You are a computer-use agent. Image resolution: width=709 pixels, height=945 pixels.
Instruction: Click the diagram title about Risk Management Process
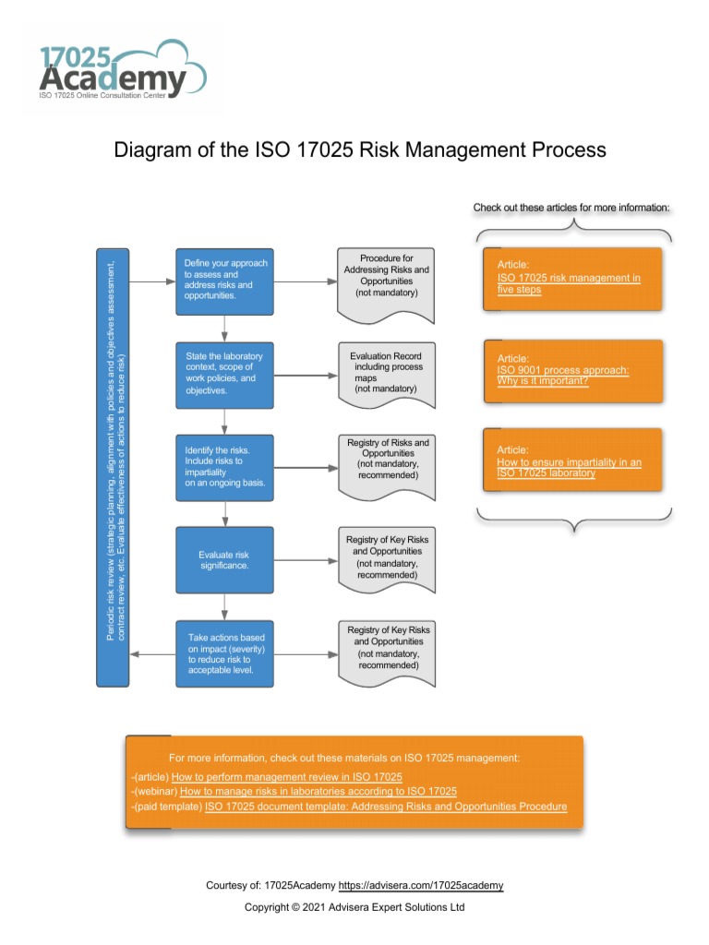tap(359, 150)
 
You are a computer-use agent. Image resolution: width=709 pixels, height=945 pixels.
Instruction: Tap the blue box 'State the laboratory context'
tap(224, 374)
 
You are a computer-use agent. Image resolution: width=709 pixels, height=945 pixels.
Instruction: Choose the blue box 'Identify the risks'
tap(224, 467)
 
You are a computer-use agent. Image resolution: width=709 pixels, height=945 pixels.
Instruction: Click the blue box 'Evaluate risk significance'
tap(224, 560)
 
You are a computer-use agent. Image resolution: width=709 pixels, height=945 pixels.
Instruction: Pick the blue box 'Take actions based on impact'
tap(224, 653)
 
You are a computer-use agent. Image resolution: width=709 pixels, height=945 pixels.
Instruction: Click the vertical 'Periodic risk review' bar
tap(113, 467)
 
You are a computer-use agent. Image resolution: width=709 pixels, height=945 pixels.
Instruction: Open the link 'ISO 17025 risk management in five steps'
tap(569, 283)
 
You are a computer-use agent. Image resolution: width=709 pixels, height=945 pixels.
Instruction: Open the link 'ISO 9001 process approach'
tap(563, 376)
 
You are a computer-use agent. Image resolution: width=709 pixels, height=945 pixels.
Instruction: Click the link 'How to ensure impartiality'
tap(569, 467)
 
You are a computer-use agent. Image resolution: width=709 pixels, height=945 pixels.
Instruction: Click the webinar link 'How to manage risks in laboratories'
tap(318, 792)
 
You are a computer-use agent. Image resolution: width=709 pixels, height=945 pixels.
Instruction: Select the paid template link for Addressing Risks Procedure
tap(386, 807)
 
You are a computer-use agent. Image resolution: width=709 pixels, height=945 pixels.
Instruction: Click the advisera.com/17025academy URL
tap(421, 886)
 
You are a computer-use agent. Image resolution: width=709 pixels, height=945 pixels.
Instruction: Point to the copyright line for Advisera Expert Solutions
tap(354, 907)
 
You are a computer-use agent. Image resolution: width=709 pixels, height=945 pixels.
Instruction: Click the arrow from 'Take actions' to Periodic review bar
tap(152, 653)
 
